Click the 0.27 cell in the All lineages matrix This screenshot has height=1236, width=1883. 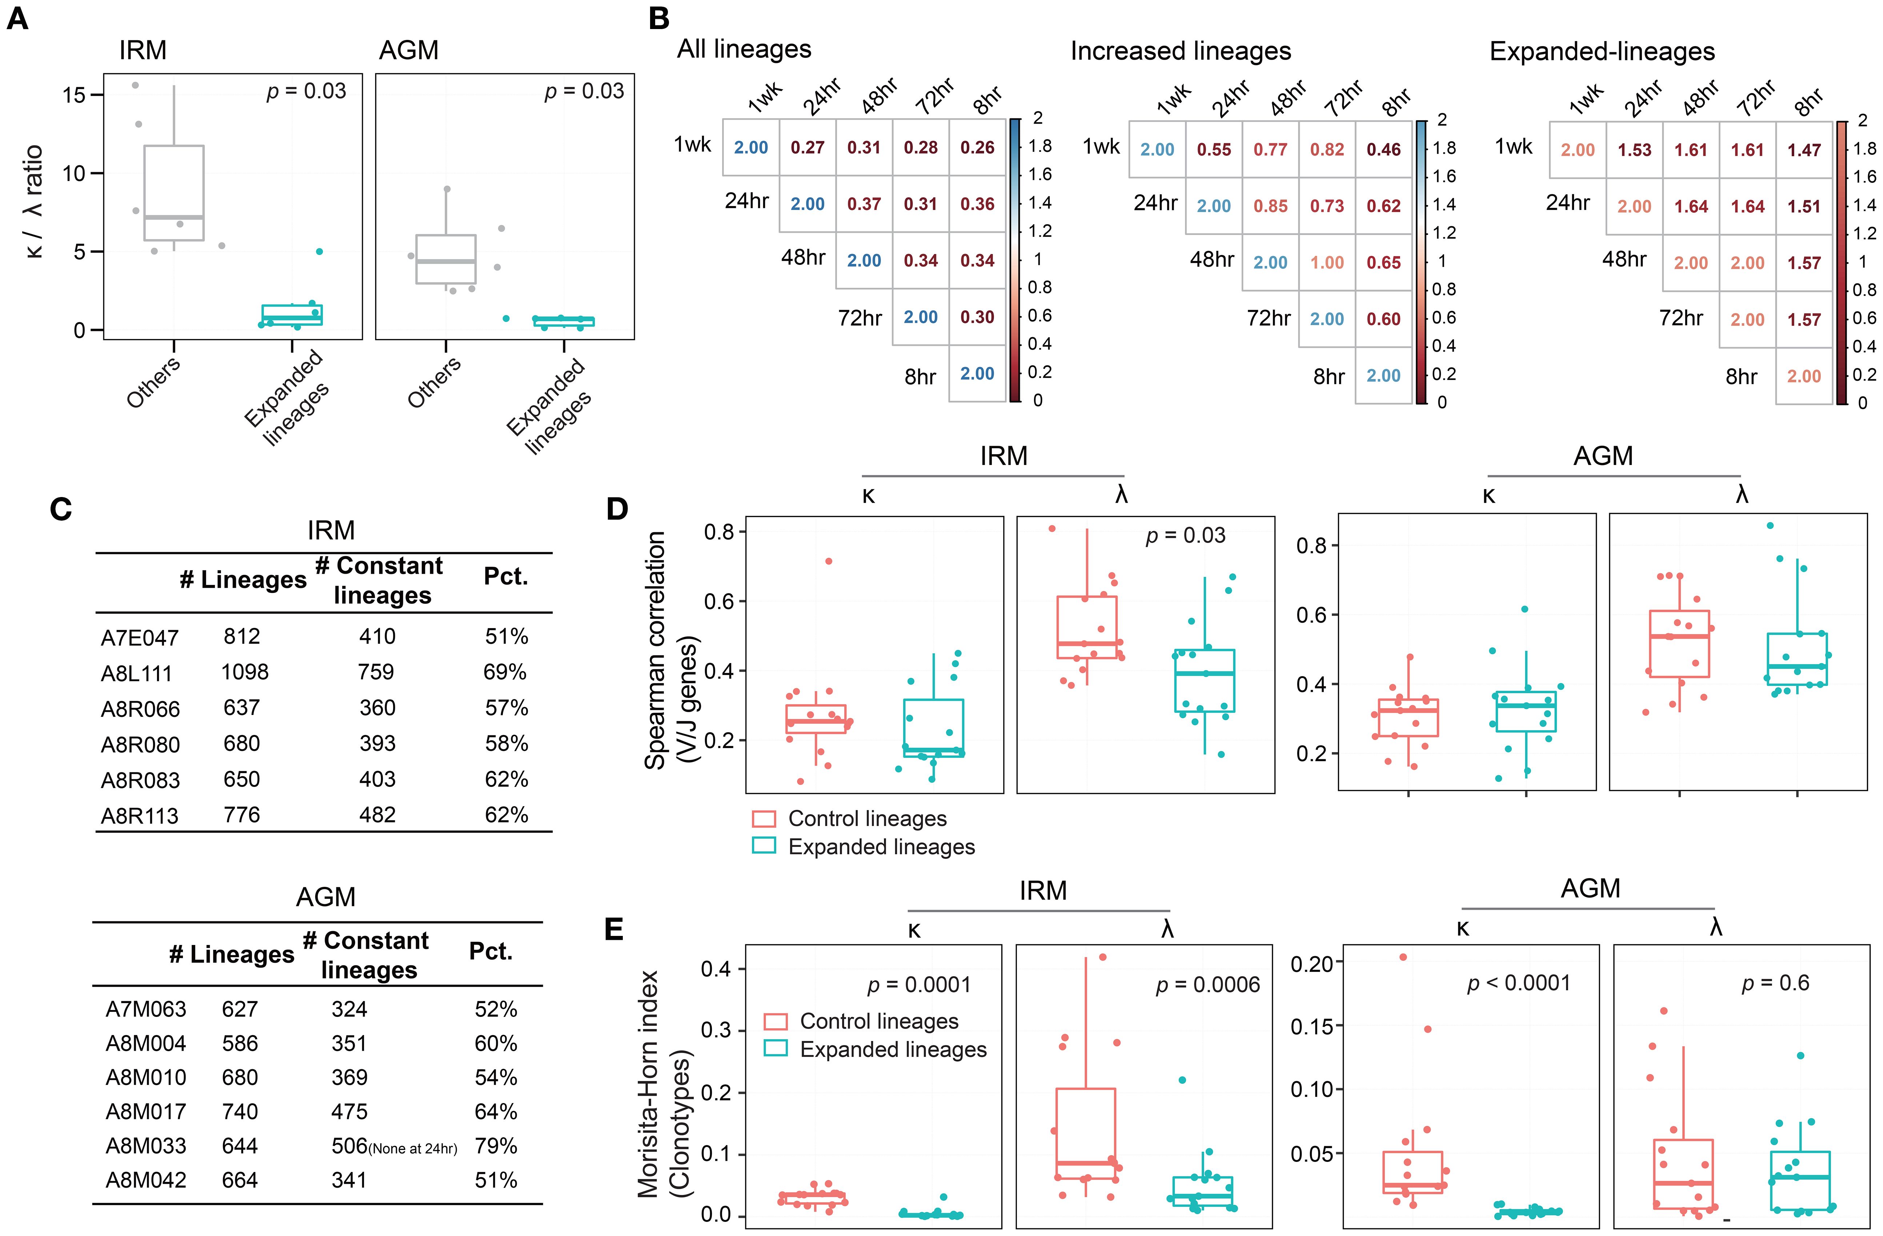[x=807, y=148]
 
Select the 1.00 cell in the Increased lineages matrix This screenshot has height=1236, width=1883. [x=1327, y=263]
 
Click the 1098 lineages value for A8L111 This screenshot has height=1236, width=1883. [x=244, y=672]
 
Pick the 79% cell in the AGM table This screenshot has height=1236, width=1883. [x=496, y=1146]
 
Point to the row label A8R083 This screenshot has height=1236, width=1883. [x=140, y=780]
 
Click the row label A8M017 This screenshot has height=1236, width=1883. [x=145, y=1112]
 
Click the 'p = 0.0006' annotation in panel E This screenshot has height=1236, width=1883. [x=1207, y=985]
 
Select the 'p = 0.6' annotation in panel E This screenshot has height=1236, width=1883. [x=1775, y=983]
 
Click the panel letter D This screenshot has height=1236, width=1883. [x=617, y=509]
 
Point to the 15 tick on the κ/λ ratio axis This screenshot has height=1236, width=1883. [x=73, y=95]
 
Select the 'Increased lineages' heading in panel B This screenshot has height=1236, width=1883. [x=1181, y=51]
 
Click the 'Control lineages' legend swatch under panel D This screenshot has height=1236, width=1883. [x=764, y=819]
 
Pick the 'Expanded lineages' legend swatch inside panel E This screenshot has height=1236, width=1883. [x=776, y=1049]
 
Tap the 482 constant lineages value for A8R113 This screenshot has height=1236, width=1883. [x=377, y=815]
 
